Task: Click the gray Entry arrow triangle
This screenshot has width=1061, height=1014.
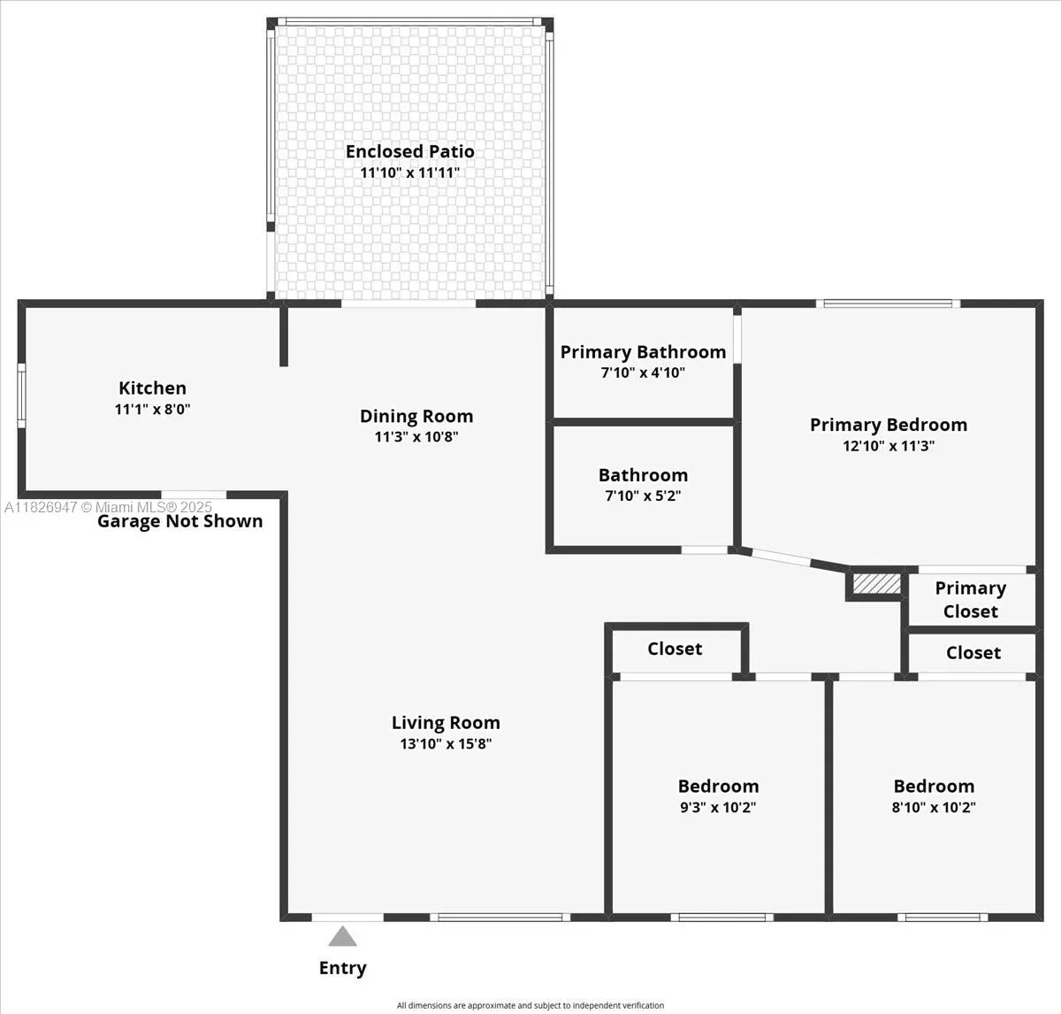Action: coord(342,936)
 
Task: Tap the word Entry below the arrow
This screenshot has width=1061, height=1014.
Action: coord(342,968)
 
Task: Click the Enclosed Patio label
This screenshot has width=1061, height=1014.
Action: coord(410,151)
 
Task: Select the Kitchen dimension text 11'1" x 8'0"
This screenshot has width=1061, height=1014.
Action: coord(152,409)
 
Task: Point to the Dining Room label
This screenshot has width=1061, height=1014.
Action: coord(416,416)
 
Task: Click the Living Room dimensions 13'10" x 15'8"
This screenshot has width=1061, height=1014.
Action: coord(446,743)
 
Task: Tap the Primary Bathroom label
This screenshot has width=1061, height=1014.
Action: coord(644,352)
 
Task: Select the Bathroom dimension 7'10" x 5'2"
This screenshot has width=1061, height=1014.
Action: coord(644,495)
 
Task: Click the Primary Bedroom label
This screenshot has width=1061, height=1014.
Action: coord(889,425)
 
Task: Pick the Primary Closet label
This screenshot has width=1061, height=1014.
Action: coord(971,600)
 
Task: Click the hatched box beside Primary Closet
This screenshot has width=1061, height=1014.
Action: coord(877,584)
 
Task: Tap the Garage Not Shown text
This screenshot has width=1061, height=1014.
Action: coord(179,521)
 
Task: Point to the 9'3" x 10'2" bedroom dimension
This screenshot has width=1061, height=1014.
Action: coord(718,807)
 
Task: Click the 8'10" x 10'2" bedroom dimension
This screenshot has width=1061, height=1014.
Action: coord(934,807)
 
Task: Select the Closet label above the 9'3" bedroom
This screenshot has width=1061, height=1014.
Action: coord(675,649)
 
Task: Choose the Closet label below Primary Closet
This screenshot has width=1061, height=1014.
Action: coord(973,653)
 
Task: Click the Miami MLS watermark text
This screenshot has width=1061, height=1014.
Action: coord(108,507)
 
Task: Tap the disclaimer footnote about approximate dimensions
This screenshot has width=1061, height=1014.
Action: coord(530,1005)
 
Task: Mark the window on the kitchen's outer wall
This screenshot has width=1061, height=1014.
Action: coord(21,396)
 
